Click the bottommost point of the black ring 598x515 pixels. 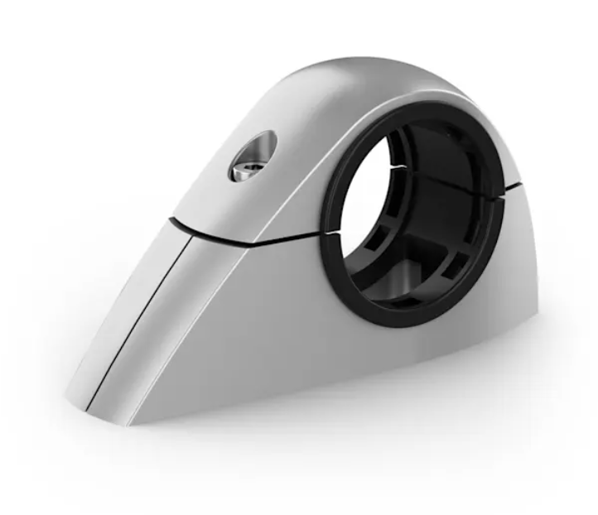click(398, 325)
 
